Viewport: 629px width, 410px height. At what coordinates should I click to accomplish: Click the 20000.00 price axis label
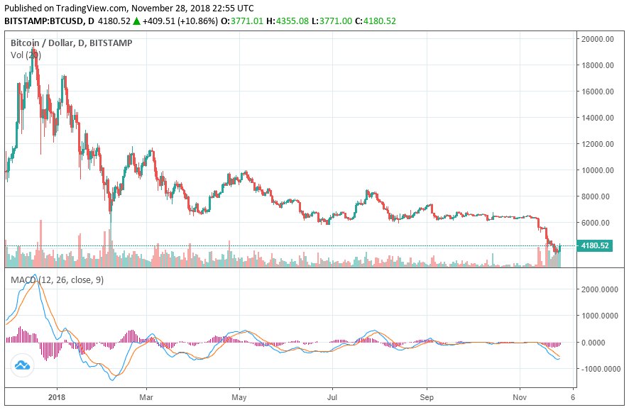point(596,39)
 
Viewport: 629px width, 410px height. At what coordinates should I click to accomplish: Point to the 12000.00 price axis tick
point(596,144)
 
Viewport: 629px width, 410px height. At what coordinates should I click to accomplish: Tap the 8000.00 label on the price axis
point(596,196)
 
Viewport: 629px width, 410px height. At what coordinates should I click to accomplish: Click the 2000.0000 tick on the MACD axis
point(598,289)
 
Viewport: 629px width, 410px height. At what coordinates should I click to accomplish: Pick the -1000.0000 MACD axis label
point(598,369)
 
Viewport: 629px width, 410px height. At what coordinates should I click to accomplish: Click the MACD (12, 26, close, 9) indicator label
point(57,280)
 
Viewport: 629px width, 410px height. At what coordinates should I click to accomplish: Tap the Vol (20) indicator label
point(26,55)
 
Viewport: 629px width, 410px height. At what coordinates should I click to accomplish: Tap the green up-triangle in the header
point(136,21)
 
